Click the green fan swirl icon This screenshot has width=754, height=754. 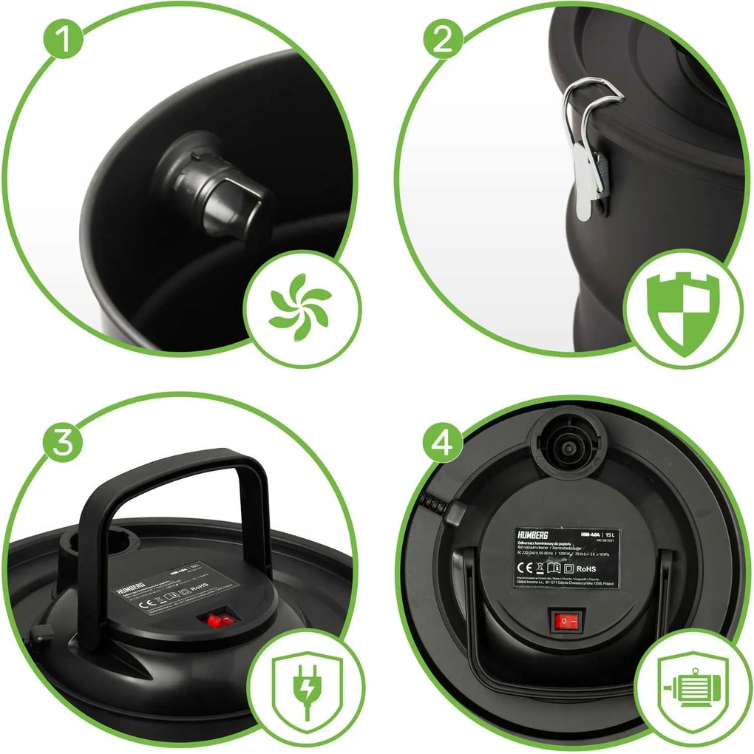300,307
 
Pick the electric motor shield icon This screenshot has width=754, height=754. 686,686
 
